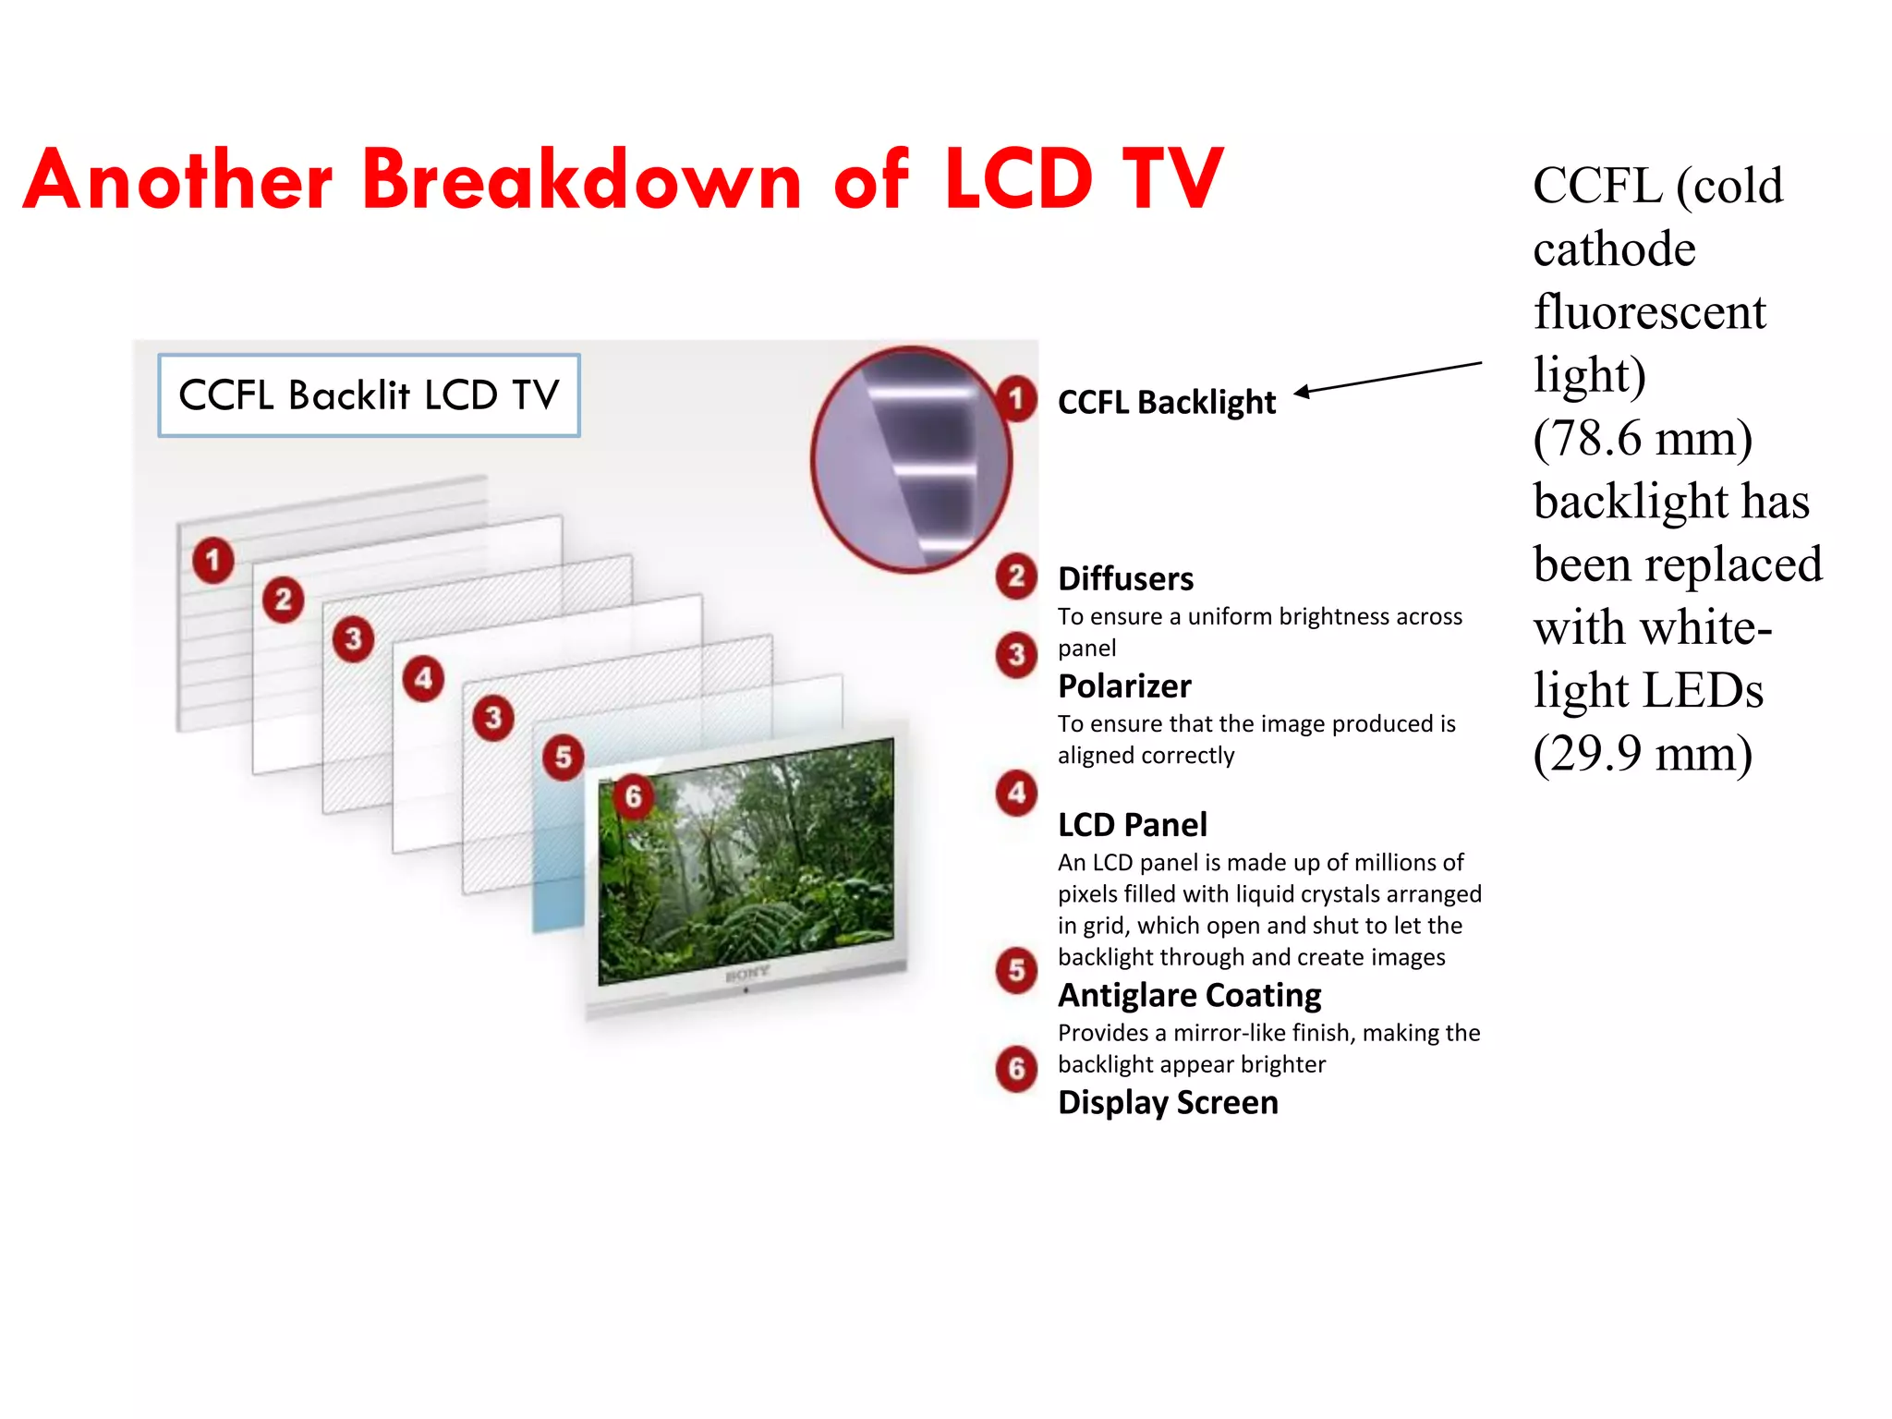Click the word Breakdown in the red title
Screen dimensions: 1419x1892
click(582, 179)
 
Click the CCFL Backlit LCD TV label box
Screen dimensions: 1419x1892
click(369, 395)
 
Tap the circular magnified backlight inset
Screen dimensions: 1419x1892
click(911, 459)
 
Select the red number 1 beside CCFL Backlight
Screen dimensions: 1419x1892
click(1016, 399)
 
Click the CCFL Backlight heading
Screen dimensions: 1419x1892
click(1166, 403)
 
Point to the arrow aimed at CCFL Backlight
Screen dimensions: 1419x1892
click(1386, 378)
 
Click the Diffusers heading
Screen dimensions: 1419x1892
click(1125, 579)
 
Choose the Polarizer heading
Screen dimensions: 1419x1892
click(1124, 686)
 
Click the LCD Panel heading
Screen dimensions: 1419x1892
click(1132, 824)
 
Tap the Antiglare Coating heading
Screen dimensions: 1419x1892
click(1189, 995)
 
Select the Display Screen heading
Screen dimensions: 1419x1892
click(1168, 1102)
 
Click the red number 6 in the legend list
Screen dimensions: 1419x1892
click(1016, 1069)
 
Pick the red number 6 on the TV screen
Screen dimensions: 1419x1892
click(633, 796)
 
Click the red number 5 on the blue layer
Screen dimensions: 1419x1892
click(563, 758)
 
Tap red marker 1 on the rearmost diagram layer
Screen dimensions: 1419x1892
click(212, 560)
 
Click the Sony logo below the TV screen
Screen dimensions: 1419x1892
click(746, 974)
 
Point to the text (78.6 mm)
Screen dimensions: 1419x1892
click(1643, 438)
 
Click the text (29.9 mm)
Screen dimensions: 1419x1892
click(1643, 754)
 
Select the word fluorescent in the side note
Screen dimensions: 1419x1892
click(1649, 312)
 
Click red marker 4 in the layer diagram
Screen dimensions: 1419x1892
click(423, 679)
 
